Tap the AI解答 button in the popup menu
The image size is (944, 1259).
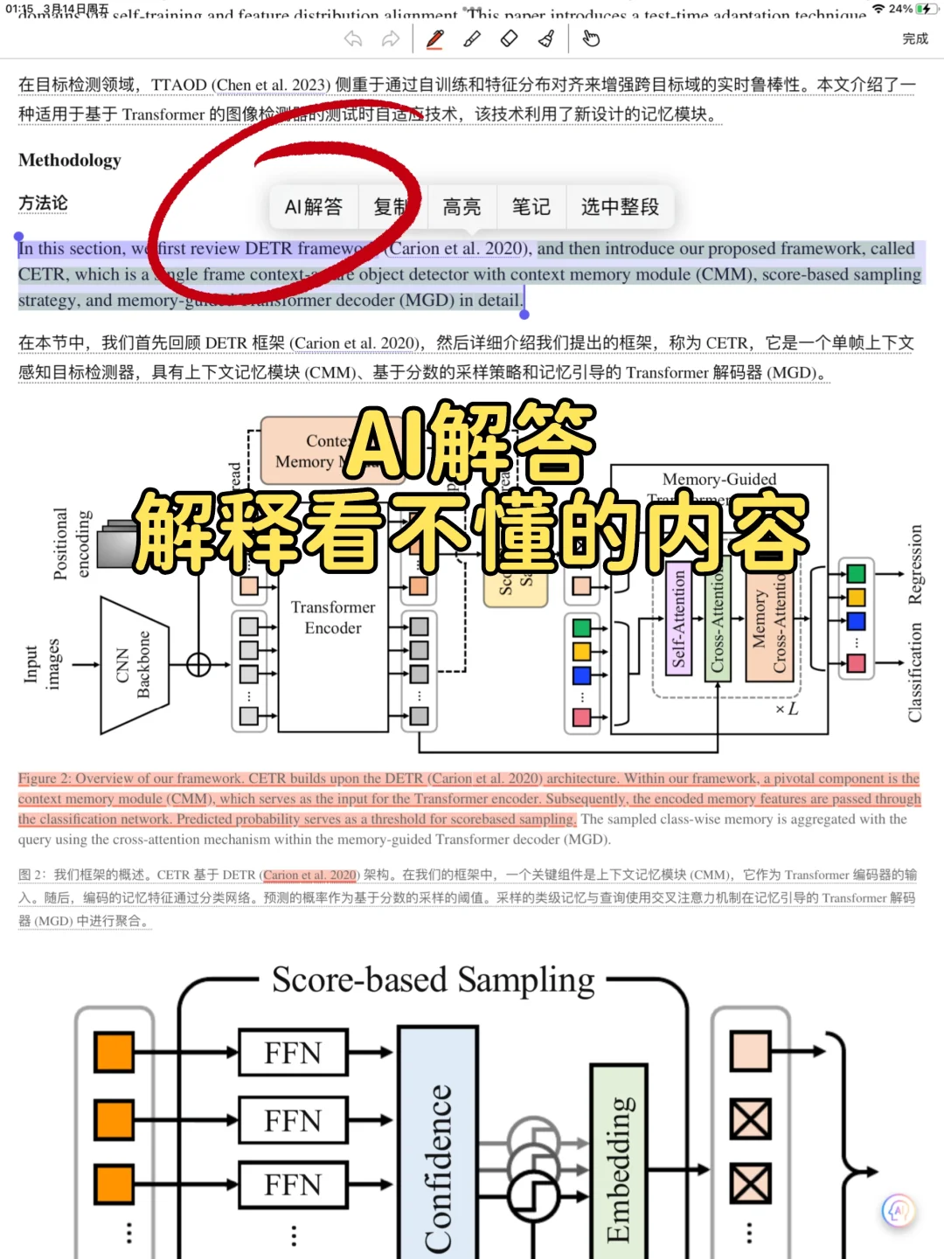pos(313,207)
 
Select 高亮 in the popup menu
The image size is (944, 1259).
pos(462,207)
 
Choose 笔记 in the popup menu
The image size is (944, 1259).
pos(531,207)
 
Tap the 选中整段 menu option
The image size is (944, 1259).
pos(620,207)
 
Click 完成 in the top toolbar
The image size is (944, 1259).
pos(914,38)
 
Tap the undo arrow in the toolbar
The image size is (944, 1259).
pos(353,38)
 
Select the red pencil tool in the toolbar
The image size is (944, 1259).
pos(434,38)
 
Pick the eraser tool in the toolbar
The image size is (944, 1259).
pos(509,38)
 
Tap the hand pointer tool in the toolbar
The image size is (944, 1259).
pos(591,38)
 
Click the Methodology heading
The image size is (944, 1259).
pos(70,161)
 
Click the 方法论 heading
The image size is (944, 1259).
pos(43,204)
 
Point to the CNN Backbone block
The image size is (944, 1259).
pos(133,665)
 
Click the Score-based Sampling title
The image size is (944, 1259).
pos(433,980)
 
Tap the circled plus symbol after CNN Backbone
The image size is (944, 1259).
pos(198,665)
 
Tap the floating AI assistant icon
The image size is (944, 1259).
pos(899,1210)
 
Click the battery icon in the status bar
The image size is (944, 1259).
pos(924,9)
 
